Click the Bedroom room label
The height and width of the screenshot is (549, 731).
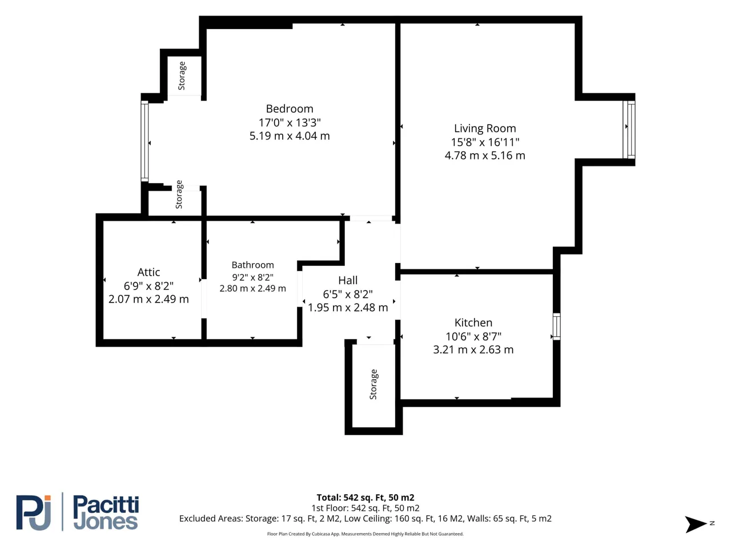click(290, 109)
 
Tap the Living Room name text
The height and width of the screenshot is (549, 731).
click(485, 128)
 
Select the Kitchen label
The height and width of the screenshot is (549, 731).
click(473, 323)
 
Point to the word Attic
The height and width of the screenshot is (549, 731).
click(148, 272)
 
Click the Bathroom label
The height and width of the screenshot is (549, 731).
click(253, 265)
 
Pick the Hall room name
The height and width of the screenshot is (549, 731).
click(348, 280)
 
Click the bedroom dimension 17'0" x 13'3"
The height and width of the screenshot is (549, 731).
click(290, 122)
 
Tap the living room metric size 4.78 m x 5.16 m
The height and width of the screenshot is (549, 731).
click(485, 156)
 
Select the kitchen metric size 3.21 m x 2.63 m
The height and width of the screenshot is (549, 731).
click(473, 349)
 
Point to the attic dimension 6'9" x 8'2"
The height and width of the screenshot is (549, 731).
click(148, 286)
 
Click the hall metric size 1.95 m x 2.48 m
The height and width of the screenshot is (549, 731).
click(348, 308)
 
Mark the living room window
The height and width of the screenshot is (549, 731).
click(629, 129)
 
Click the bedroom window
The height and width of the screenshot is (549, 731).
click(144, 141)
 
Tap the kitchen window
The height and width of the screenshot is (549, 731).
click(556, 327)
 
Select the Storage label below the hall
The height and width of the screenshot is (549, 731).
click(373, 384)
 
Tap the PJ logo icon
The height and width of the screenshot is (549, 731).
click(34, 512)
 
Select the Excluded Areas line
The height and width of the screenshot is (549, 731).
click(365, 519)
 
